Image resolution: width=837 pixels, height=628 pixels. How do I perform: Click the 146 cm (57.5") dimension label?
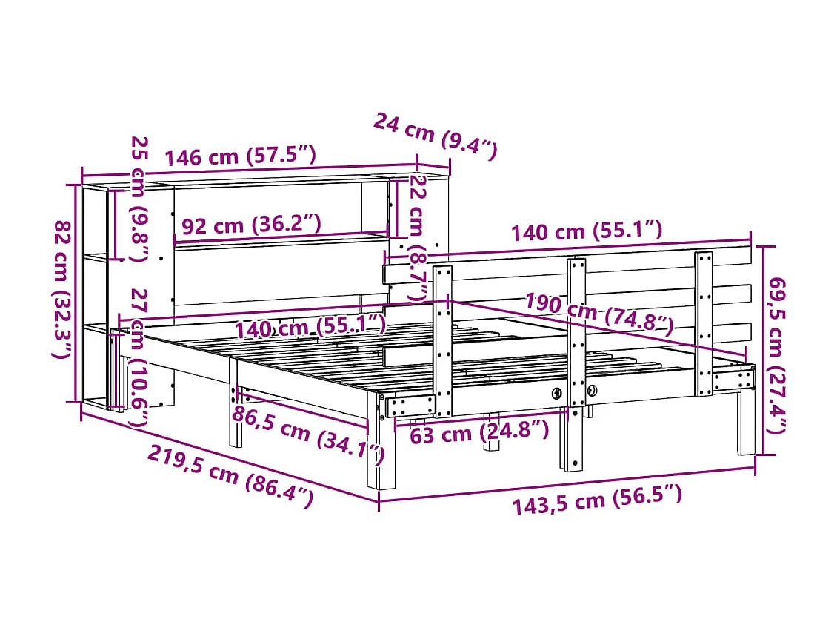point(241,156)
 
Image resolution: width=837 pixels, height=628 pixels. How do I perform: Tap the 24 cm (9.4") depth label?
point(434,136)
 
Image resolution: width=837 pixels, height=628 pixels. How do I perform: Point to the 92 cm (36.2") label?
point(251,224)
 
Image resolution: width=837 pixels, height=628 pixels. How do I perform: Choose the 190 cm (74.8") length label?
point(599,313)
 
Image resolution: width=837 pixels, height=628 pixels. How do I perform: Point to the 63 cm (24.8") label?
point(479,432)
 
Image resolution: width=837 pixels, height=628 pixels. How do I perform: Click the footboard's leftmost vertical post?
point(443,341)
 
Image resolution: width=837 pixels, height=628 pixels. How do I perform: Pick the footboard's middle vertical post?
point(576,363)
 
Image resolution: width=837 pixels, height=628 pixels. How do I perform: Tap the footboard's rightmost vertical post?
point(704,323)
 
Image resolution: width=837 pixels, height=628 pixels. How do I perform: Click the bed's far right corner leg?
point(746,423)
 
